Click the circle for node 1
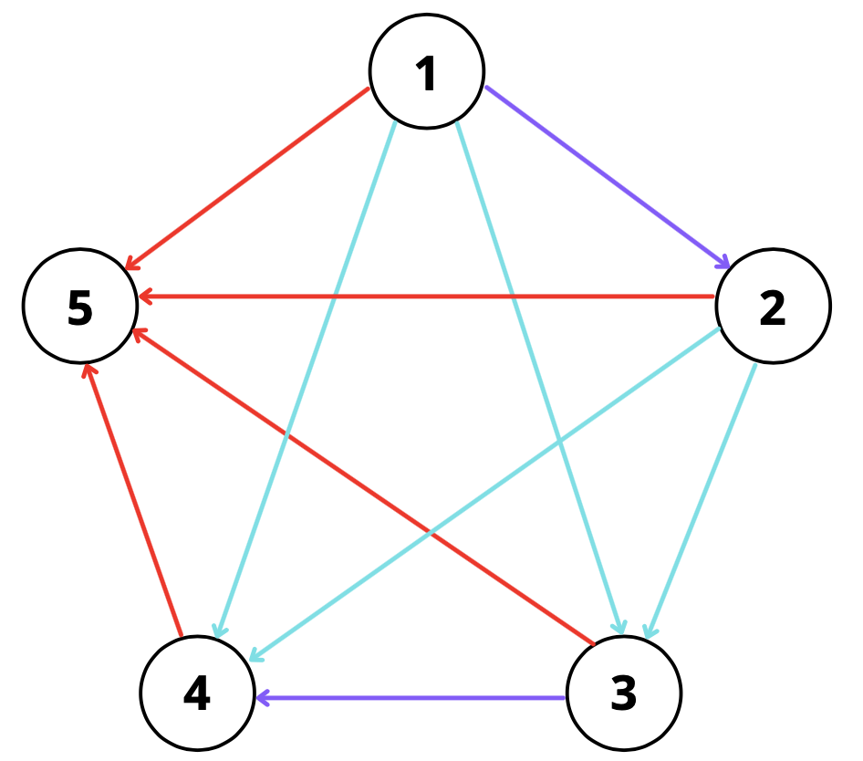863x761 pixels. point(426,71)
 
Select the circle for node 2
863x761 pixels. point(773,307)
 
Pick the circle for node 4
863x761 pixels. point(197,693)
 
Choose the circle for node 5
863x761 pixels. point(80,307)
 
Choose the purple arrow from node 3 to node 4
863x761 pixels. point(411,699)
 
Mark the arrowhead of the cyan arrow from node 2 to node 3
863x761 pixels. point(650,629)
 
